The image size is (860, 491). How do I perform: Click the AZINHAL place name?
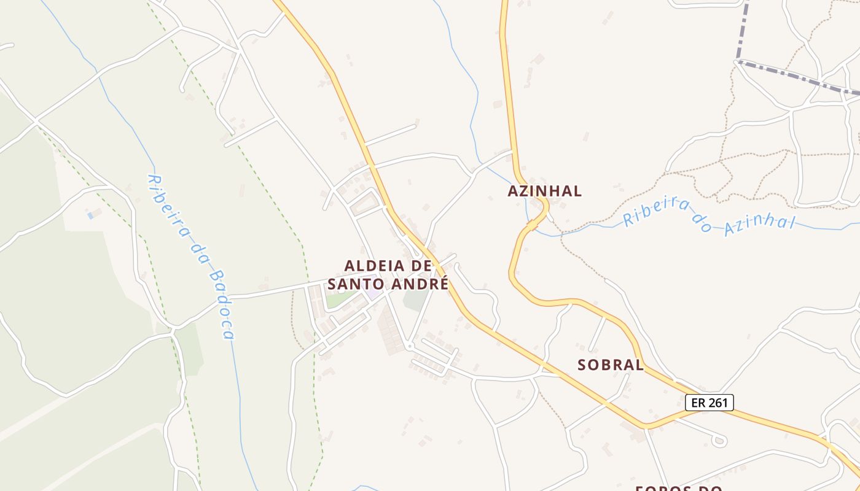pos(544,191)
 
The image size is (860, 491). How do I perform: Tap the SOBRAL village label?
pos(610,365)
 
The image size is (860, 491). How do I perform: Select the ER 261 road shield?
pos(709,403)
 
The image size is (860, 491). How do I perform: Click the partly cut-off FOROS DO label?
pos(678,488)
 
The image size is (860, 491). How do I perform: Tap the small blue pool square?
pos(90,215)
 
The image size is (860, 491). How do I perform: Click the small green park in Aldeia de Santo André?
pos(340,300)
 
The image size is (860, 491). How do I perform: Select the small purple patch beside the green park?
pos(373,293)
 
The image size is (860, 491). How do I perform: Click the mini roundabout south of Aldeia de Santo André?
pos(409,347)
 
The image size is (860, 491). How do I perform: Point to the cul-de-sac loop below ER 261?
pos(719,440)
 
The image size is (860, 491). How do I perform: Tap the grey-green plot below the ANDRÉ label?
pos(415,301)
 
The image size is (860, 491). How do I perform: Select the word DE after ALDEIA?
pos(421,266)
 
